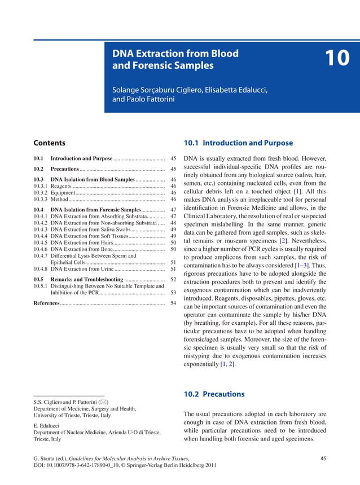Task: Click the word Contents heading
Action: click(x=50, y=143)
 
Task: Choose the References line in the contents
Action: click(x=46, y=303)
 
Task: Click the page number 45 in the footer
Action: click(x=323, y=458)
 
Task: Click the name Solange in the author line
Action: click(x=128, y=90)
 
